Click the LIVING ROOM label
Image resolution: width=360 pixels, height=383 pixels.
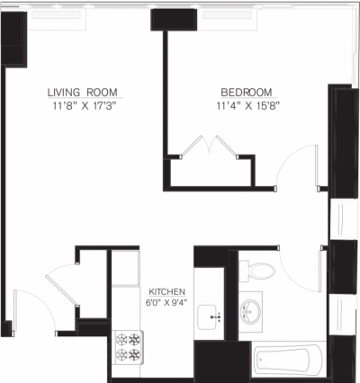[x=85, y=93]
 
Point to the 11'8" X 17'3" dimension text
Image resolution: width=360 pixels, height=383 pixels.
[x=85, y=105]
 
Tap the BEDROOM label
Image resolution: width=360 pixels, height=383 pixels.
[x=247, y=93]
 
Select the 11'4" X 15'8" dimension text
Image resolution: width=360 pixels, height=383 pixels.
[x=247, y=105]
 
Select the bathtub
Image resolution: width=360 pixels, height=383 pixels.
[x=286, y=361]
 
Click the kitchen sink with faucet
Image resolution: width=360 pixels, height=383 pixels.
[x=213, y=317]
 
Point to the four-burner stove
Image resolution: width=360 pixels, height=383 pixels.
[x=129, y=347]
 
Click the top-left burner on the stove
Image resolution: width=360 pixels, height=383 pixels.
[x=121, y=340]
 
